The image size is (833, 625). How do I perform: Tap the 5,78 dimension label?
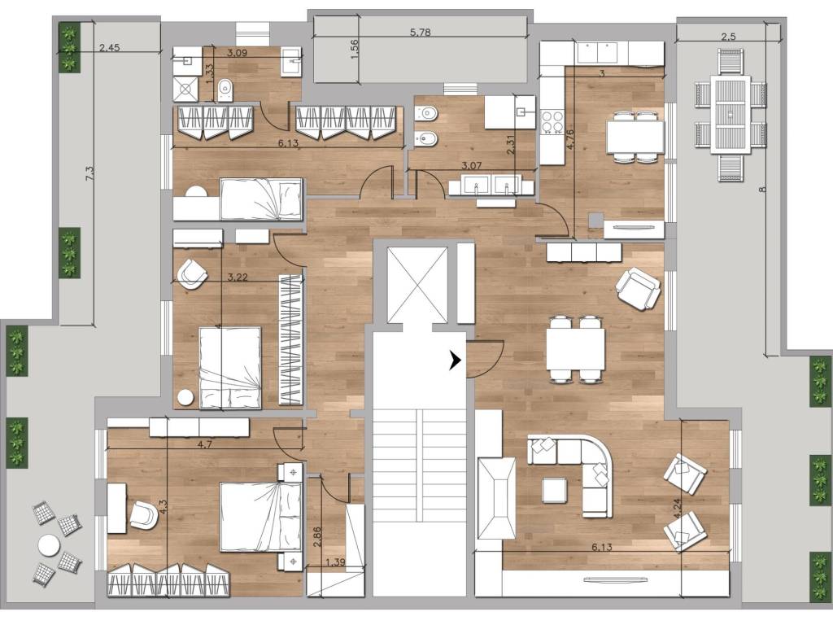(421, 32)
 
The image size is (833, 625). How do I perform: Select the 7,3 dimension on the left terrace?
(89, 174)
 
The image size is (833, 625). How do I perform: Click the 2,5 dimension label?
(728, 36)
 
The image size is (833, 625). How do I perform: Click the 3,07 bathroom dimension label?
(471, 165)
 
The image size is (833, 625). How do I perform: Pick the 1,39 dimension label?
(334, 562)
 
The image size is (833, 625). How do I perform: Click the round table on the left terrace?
(49, 544)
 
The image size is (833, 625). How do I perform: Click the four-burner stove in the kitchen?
(551, 122)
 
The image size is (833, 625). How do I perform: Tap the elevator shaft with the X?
(417, 285)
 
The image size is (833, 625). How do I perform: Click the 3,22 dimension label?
(238, 277)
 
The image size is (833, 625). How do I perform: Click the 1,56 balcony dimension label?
(355, 49)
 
